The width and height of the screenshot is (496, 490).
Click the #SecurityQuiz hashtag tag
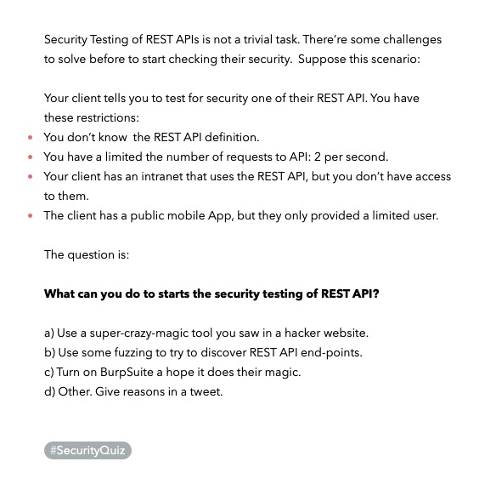pyautogui.click(x=87, y=451)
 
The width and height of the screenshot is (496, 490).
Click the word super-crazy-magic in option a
pyautogui.click(x=142, y=333)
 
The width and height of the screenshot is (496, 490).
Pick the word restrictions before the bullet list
pyautogui.click(x=107, y=117)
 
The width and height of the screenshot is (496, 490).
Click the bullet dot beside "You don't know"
pyautogui.click(x=31, y=138)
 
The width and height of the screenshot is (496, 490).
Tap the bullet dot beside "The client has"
pyautogui.click(x=31, y=216)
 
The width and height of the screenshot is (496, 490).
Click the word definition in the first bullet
pyautogui.click(x=230, y=137)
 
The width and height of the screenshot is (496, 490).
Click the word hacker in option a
pyautogui.click(x=292, y=333)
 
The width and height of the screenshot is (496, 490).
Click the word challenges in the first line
pyautogui.click(x=413, y=40)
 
